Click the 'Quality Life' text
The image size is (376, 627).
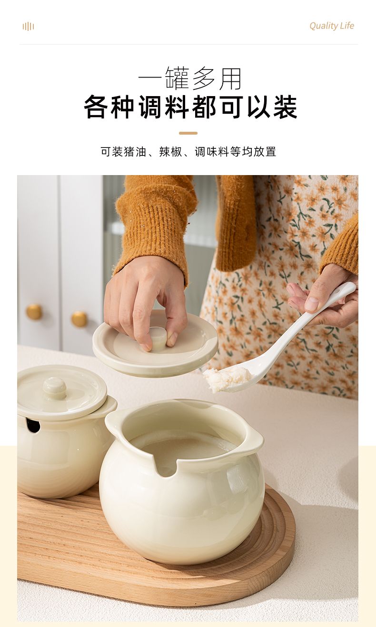[x=331, y=26]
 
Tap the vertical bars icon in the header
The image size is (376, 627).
[x=28, y=27]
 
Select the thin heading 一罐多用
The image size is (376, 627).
[x=189, y=78]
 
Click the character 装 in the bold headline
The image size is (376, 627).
[x=285, y=107]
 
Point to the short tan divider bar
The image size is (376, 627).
[x=188, y=133]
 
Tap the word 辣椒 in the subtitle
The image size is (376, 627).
[x=170, y=152]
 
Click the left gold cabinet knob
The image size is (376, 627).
[x=34, y=312]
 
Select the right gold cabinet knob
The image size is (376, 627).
[x=79, y=319]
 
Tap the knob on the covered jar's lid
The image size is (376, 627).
[x=54, y=388]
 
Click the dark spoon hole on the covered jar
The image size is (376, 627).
[x=33, y=425]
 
